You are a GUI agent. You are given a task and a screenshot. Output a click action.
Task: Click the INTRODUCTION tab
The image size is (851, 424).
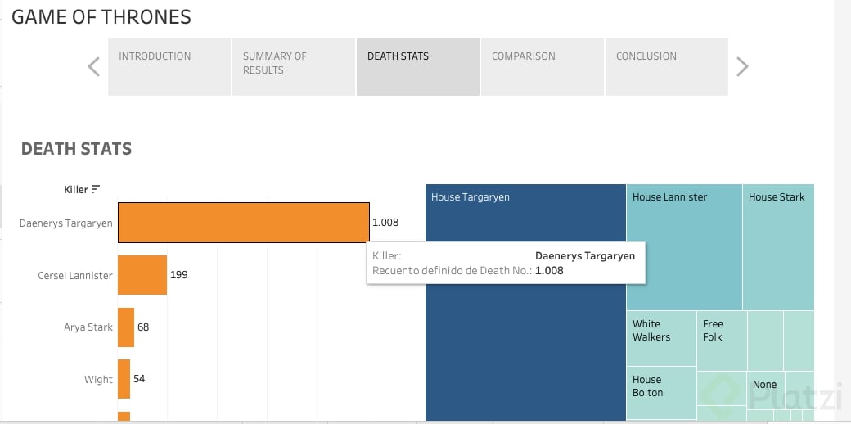coord(169,66)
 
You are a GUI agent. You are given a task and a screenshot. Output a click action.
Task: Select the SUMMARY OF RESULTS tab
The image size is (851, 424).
coord(293,66)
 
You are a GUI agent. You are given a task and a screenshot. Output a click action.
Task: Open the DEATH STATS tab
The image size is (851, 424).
coord(417,66)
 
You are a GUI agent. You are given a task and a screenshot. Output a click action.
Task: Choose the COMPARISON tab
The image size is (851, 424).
coord(542,66)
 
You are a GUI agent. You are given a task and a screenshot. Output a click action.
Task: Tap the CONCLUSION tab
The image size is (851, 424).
coord(666,66)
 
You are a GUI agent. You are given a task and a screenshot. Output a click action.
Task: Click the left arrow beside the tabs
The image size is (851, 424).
coord(93,66)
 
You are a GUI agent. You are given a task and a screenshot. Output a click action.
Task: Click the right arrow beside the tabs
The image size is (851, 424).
coord(742,66)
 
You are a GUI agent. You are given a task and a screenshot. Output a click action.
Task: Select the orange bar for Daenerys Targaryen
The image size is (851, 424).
coord(243,223)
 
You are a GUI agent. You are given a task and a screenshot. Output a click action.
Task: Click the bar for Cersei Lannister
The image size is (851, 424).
coord(142,275)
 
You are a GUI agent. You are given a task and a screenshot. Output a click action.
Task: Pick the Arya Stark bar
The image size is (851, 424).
coord(126,327)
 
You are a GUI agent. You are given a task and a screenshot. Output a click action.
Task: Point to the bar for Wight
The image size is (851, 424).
coord(124,379)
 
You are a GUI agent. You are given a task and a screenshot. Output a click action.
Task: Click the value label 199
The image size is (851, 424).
coord(179,275)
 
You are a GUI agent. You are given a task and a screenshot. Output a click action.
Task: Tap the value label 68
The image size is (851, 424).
coord(143,327)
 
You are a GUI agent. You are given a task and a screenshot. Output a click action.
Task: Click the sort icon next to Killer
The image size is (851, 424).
coord(96,190)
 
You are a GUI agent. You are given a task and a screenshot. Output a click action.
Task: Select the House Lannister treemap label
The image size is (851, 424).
coord(669,197)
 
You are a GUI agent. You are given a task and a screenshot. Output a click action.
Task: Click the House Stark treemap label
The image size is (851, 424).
coord(777,197)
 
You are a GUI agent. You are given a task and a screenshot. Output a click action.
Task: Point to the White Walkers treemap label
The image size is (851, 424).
coord(651,331)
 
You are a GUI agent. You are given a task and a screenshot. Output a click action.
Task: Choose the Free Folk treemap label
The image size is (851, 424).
coord(713,331)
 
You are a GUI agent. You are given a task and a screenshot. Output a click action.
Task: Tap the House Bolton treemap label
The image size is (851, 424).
coord(647,386)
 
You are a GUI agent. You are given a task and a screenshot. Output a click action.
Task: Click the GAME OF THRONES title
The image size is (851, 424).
coord(101,16)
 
